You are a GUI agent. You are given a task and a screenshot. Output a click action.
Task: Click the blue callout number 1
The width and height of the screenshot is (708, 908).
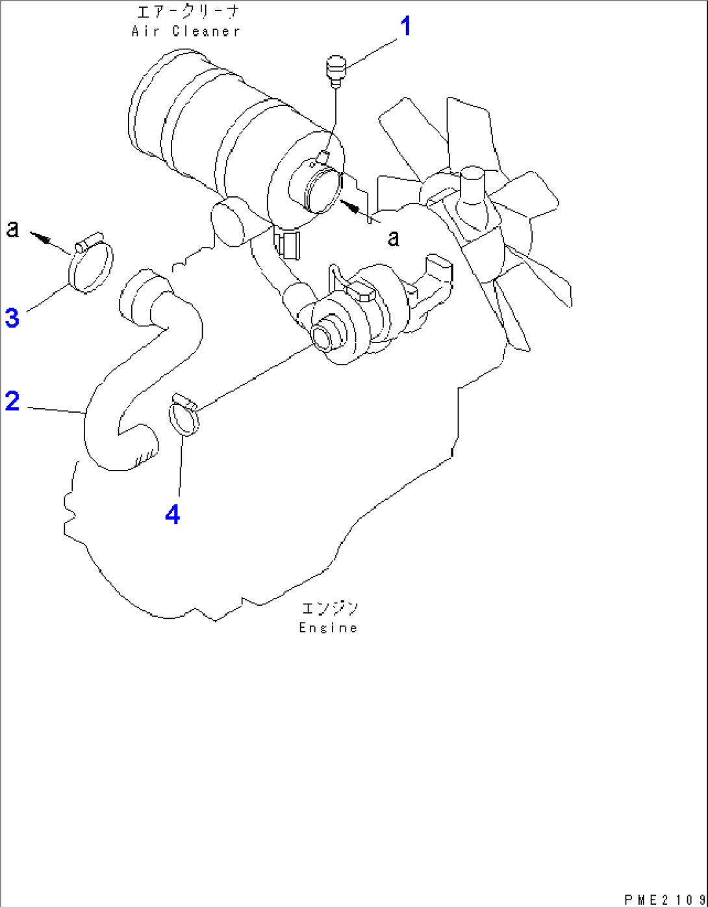(x=405, y=27)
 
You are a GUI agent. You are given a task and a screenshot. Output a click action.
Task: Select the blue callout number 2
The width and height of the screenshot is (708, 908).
(x=12, y=401)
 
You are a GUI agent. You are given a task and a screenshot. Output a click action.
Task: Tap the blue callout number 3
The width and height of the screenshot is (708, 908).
(x=12, y=318)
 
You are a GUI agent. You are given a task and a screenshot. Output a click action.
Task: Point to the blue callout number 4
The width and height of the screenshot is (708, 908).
(x=172, y=515)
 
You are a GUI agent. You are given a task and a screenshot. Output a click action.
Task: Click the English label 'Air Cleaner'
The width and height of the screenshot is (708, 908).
(x=186, y=31)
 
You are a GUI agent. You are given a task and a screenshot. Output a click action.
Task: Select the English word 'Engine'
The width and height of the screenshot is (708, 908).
(x=328, y=628)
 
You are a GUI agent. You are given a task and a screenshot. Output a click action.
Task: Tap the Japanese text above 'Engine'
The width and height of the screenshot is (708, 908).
(x=329, y=608)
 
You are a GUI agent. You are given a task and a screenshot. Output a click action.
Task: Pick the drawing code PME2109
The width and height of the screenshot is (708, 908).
(x=664, y=900)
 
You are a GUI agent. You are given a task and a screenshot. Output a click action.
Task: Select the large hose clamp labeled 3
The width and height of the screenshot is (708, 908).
(x=90, y=266)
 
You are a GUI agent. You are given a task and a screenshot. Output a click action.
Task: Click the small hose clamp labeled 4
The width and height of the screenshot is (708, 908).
(x=184, y=415)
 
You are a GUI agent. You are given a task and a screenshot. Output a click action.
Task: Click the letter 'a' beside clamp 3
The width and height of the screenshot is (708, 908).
(x=12, y=229)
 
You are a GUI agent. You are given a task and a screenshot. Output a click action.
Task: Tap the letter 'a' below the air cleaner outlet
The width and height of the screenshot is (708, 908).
(x=393, y=239)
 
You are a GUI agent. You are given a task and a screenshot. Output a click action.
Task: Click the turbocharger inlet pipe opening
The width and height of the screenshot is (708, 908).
(x=322, y=336)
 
